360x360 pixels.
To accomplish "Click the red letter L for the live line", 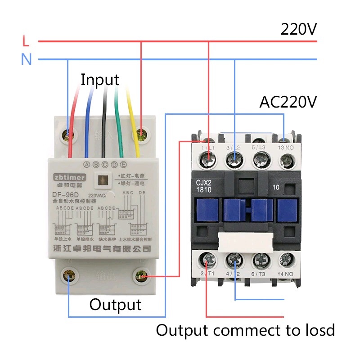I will [26, 41].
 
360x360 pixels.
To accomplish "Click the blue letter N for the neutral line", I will [27, 59].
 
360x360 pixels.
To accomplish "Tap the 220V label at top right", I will [299, 29].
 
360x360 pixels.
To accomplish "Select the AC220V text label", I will [288, 102].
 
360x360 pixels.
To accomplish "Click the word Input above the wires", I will [100, 80].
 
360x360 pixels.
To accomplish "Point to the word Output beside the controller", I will [115, 305].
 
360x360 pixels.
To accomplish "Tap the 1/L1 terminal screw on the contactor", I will [208, 158].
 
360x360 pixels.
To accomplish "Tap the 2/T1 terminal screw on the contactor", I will [208, 260].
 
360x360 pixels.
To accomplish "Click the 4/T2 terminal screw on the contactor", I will [234, 260].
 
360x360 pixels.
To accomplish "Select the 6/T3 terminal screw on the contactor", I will [260, 260].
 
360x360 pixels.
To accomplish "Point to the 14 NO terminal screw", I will [286, 260].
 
